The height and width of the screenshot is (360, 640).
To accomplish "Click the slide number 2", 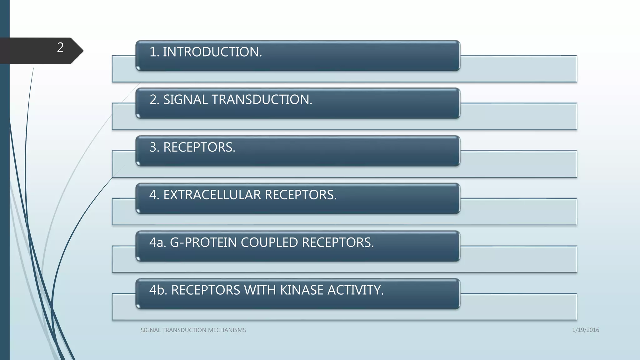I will click(x=60, y=47).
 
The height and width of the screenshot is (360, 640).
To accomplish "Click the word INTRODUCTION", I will click(x=212, y=52).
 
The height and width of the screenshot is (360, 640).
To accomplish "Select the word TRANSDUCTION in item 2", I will click(x=262, y=100).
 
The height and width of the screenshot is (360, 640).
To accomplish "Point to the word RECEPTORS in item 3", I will click(x=199, y=147).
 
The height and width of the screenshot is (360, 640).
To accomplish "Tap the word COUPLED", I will click(x=269, y=242).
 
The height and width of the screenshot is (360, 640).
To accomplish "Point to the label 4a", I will click(x=157, y=242).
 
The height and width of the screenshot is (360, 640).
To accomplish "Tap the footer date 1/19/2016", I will click(x=585, y=330).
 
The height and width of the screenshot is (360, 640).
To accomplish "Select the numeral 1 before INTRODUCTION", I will click(x=153, y=52).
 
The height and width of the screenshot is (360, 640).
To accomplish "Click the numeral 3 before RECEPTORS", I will click(x=153, y=147).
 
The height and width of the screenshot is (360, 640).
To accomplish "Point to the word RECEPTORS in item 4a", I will click(x=338, y=242).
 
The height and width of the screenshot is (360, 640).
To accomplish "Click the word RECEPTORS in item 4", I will click(x=301, y=195).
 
